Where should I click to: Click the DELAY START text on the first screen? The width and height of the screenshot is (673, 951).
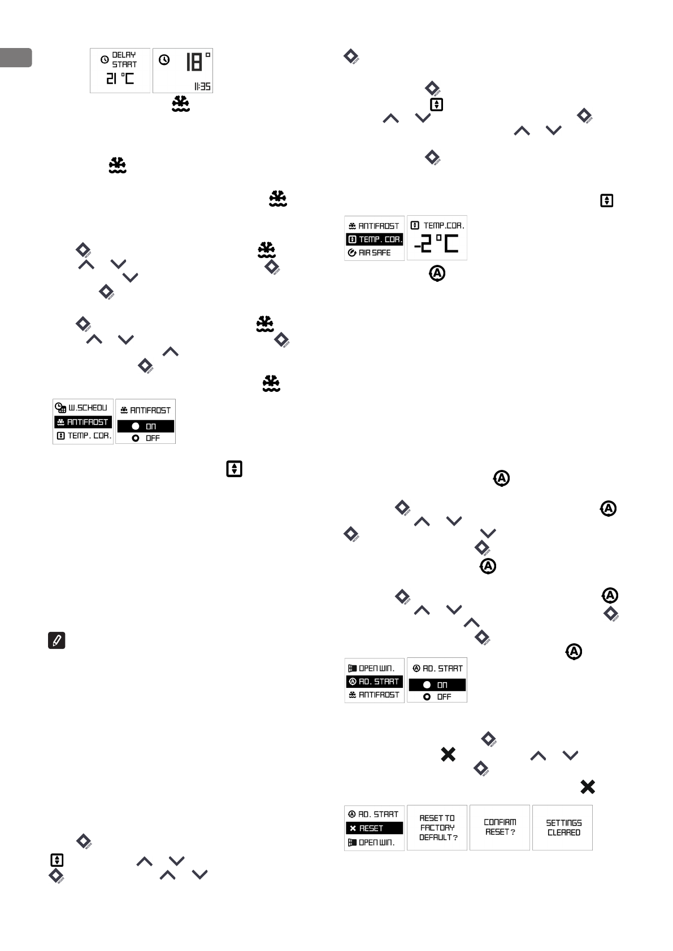[124, 59]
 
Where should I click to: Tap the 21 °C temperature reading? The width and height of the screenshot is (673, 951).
[120, 78]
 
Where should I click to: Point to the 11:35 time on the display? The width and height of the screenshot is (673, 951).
[202, 86]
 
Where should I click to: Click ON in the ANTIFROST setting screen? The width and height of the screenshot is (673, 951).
[145, 426]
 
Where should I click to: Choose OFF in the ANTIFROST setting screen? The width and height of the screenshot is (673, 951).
[146, 438]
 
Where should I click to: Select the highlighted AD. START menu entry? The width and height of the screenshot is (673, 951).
[374, 682]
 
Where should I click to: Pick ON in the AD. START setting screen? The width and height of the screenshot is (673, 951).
[437, 685]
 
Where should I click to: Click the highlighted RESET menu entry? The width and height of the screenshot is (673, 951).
[374, 828]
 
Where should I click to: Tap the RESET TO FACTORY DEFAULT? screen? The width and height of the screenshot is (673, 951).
[437, 828]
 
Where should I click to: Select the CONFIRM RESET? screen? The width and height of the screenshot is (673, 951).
[500, 827]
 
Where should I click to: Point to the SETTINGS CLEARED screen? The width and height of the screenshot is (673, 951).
[563, 828]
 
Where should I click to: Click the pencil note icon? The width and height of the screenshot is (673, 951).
[57, 640]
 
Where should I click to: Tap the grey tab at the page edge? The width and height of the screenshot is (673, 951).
[16, 58]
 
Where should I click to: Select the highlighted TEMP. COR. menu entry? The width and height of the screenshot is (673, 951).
[374, 239]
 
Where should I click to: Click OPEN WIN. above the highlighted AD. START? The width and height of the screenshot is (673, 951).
[374, 668]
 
